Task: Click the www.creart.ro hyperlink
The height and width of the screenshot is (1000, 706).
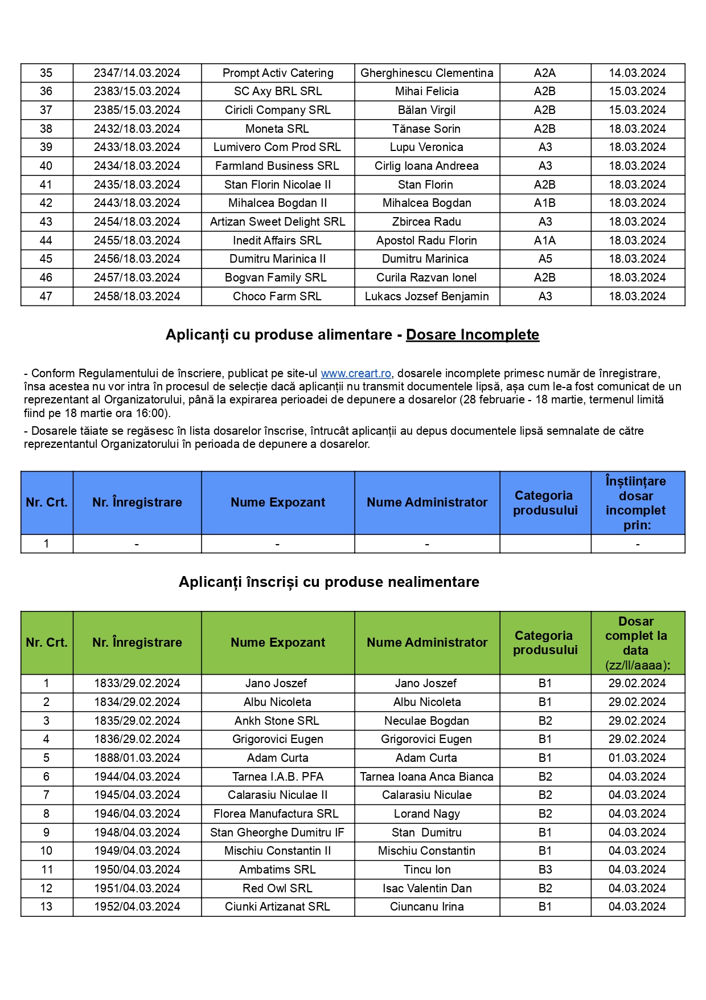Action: click(x=356, y=373)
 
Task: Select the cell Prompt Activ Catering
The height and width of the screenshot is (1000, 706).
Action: click(x=278, y=73)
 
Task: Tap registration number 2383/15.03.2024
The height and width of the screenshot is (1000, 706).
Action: click(x=137, y=91)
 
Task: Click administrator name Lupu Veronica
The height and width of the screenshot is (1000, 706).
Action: click(x=426, y=147)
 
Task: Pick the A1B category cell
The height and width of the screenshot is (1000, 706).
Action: click(x=545, y=203)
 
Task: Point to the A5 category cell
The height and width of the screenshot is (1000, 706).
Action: click(x=545, y=259)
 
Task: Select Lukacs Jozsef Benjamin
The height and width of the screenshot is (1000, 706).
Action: click(x=426, y=296)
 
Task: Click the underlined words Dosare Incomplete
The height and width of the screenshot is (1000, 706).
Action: click(x=472, y=334)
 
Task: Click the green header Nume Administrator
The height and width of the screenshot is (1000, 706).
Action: click(x=426, y=642)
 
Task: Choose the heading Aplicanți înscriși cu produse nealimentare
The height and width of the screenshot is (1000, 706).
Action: click(x=329, y=582)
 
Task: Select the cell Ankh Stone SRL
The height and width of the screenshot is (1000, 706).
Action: click(x=277, y=721)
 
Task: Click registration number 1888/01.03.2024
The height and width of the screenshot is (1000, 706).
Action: click(x=137, y=758)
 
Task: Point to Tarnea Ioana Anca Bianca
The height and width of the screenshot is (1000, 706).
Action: click(x=426, y=777)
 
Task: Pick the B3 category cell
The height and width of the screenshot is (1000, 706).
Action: click(x=545, y=870)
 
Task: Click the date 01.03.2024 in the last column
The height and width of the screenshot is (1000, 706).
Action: click(x=637, y=758)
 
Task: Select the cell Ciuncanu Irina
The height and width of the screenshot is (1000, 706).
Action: click(x=426, y=907)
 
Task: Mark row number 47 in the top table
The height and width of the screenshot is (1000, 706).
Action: click(x=46, y=296)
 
